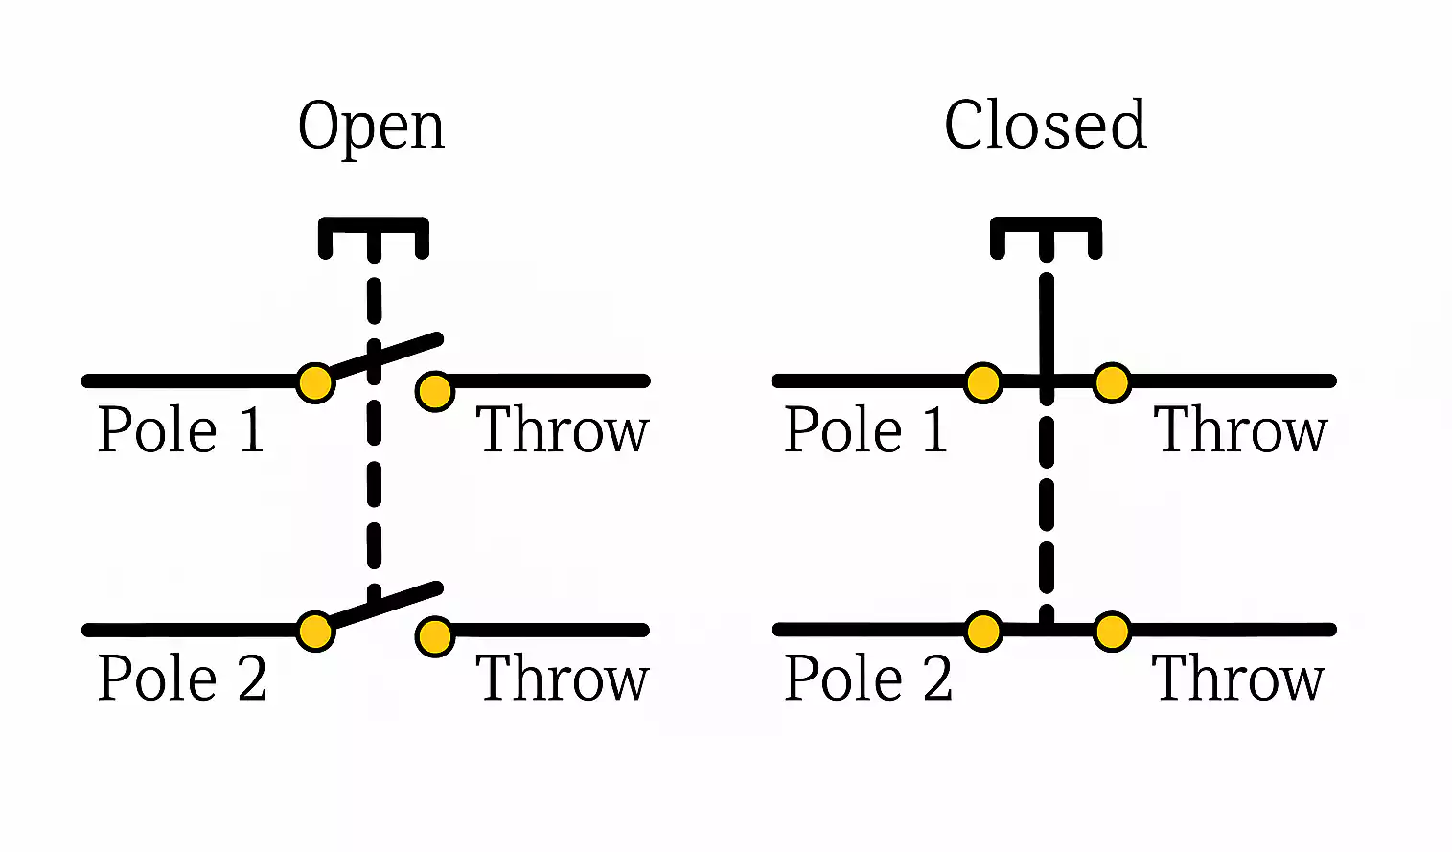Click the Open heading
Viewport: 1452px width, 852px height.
(371, 127)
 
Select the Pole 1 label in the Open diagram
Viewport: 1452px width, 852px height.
(181, 430)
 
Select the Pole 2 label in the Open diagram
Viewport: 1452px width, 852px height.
(182, 679)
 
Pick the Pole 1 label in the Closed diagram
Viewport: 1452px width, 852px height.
(866, 430)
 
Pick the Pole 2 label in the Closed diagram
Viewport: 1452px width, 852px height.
(868, 679)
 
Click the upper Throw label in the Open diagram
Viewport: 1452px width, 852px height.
(563, 430)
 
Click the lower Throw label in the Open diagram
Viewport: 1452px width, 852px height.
(563, 679)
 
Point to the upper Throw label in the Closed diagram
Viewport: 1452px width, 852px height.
(1240, 430)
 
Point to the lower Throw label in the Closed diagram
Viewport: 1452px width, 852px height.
(1238, 679)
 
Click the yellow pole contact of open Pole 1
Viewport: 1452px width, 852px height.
(314, 383)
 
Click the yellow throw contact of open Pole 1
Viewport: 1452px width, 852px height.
(435, 391)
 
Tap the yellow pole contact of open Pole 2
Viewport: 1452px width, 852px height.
(314, 633)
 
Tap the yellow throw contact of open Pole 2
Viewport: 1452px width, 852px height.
(435, 637)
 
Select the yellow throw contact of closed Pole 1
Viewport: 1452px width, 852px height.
(1112, 383)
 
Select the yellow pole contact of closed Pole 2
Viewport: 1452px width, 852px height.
(983, 633)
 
